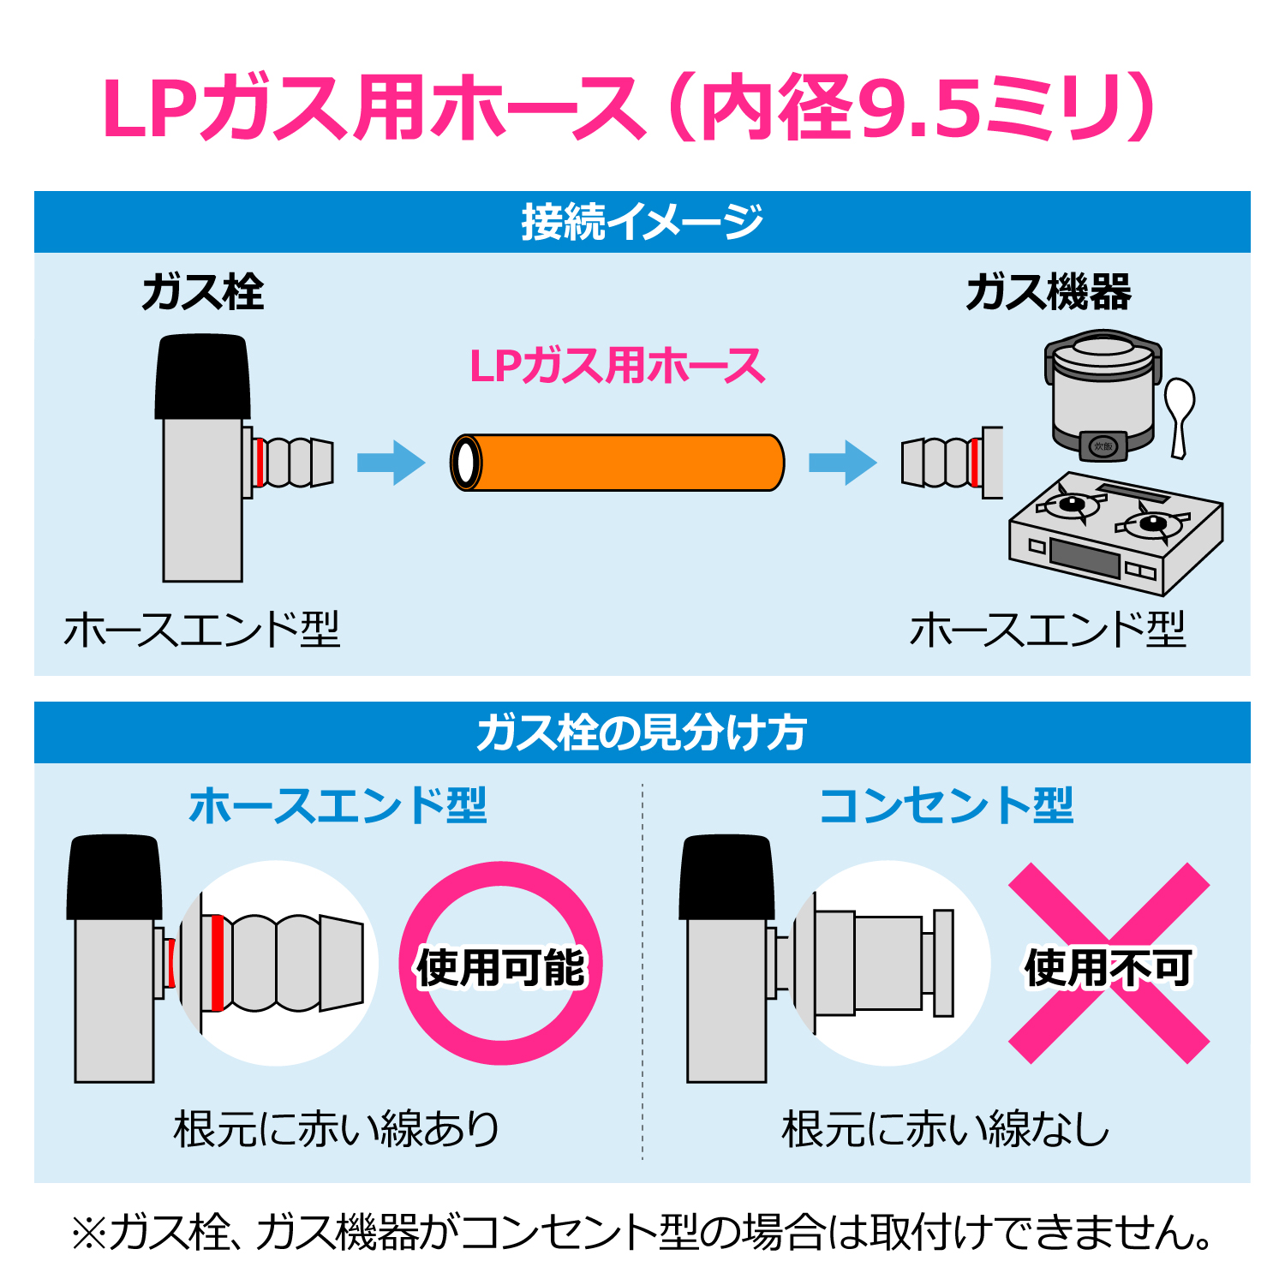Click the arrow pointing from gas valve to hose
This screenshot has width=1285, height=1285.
pyautogui.click(x=391, y=463)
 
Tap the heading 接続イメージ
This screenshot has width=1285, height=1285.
pyautogui.click(x=642, y=222)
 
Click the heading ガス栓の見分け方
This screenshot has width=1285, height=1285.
pyautogui.click(x=642, y=733)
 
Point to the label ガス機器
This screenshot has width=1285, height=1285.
pyautogui.click(x=1049, y=293)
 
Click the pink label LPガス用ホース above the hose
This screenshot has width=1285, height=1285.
pyautogui.click(x=617, y=367)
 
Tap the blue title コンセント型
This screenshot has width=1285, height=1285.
pyautogui.click(x=946, y=806)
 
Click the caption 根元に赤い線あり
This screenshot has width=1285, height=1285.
pyautogui.click(x=337, y=1128)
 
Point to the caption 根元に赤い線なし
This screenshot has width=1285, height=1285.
pyautogui.click(x=946, y=1128)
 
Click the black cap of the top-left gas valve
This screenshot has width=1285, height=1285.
pyautogui.click(x=202, y=377)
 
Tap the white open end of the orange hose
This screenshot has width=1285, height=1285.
pyautogui.click(x=466, y=463)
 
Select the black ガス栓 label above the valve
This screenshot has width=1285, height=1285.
pyautogui.click(x=203, y=293)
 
